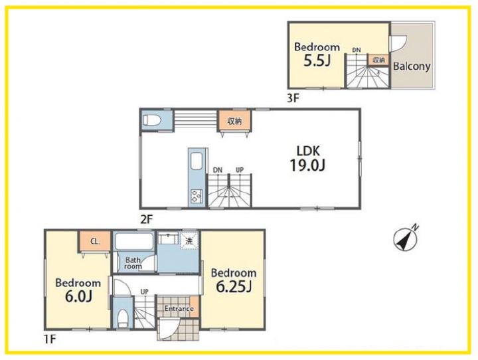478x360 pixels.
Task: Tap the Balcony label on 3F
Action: pos(412,66)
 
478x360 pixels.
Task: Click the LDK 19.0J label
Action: pos(307,159)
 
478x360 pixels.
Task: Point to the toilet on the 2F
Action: pos(152,120)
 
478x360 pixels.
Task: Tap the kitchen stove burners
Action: pos(196,196)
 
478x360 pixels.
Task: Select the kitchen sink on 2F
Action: pos(196,161)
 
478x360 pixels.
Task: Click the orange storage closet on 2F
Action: pos(234,121)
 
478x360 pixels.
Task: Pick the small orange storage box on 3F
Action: pos(378,60)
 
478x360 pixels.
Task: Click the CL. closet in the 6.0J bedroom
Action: pos(95,241)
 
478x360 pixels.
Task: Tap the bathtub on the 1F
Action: pos(134,241)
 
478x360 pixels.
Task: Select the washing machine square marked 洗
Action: pos(189,241)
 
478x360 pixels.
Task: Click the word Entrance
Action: pos(179,308)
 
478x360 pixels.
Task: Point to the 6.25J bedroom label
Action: pos(234,280)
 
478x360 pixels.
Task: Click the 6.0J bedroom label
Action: pos(78,290)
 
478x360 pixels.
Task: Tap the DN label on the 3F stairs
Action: pos(356,50)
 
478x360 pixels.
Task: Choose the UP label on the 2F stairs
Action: pos(240,169)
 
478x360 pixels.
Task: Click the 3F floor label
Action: pos(293,98)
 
